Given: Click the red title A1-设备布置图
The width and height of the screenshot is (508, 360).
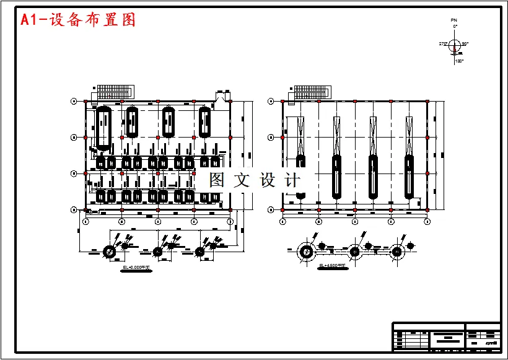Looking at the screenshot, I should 78,20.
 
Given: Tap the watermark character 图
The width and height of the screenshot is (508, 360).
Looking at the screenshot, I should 217,180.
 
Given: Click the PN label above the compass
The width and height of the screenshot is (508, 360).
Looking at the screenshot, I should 453,20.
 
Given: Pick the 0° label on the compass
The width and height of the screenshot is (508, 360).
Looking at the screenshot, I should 455,27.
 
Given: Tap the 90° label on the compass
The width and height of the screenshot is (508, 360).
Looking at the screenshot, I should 465,43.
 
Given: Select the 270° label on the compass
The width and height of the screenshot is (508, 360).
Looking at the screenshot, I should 442,43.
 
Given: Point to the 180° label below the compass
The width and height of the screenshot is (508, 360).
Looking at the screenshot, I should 459,61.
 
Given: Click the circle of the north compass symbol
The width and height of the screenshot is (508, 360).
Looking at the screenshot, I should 454,44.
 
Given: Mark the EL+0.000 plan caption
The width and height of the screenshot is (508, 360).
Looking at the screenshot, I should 137,267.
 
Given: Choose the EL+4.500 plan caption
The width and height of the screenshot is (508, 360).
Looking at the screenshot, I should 330,266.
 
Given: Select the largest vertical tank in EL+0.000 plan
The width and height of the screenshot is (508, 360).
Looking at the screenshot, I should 103,128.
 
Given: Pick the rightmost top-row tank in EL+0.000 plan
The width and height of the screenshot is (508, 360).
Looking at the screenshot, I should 205,122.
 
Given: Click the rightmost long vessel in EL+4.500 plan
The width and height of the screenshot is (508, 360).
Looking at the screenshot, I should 409,177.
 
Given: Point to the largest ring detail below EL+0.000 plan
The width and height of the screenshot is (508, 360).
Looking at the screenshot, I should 109,252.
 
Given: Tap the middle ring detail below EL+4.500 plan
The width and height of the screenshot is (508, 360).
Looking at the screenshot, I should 355,252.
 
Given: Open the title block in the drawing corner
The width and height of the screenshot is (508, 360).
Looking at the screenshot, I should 446,336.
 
